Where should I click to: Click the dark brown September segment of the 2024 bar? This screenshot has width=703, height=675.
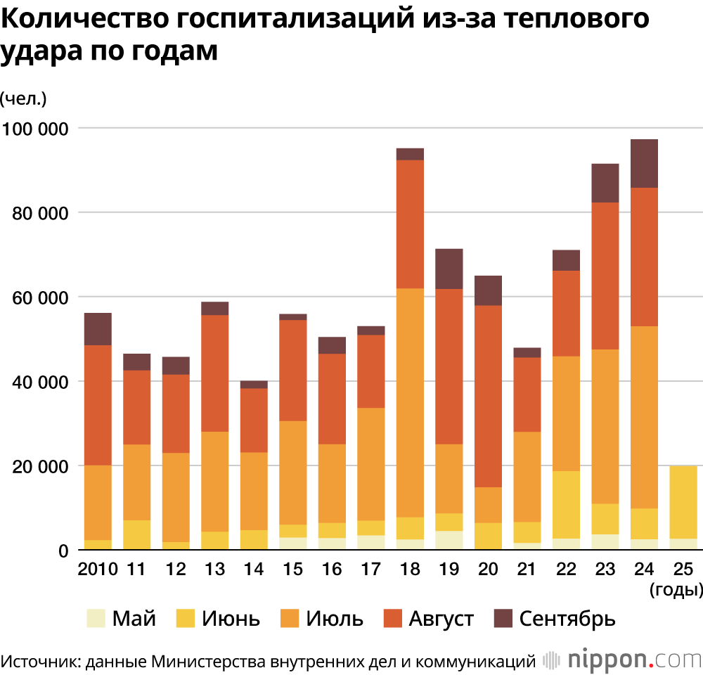click(x=644, y=163)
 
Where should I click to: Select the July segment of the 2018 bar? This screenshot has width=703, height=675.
click(x=410, y=402)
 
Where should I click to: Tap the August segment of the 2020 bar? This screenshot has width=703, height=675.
click(x=488, y=396)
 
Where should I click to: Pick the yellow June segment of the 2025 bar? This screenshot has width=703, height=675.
click(x=683, y=502)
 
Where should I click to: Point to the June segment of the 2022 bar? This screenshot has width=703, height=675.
click(x=566, y=504)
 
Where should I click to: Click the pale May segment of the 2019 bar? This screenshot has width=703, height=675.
click(x=449, y=540)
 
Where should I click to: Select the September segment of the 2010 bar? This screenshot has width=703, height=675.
click(x=98, y=328)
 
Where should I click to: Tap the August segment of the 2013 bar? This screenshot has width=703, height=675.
click(x=214, y=373)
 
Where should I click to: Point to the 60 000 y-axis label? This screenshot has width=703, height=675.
click(x=38, y=297)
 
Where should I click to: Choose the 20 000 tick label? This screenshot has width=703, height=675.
click(x=38, y=466)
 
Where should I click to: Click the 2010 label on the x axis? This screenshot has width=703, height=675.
click(x=98, y=568)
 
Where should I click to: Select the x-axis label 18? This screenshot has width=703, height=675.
click(x=410, y=568)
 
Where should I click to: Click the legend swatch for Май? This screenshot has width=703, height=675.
click(x=96, y=619)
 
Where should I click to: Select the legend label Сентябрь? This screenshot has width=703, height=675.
click(x=567, y=619)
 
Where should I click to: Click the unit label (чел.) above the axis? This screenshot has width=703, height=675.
click(x=24, y=98)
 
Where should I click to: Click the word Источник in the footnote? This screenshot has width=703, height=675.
click(x=33, y=661)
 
